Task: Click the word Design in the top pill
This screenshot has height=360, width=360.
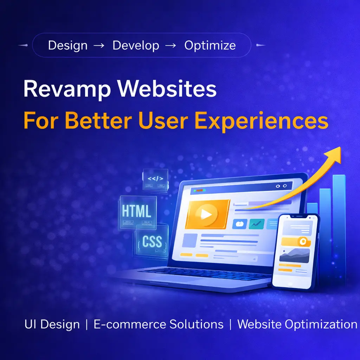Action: [x=68, y=45]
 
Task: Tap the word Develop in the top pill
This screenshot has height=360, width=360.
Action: [x=136, y=45]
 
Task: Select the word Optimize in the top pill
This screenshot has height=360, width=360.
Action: [x=210, y=45]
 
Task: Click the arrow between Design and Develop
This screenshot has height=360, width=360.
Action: [x=99, y=45]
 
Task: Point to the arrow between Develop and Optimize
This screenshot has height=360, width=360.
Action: [x=171, y=45]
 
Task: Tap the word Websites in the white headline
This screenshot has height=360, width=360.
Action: [x=167, y=89]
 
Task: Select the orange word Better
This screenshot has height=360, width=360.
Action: [x=98, y=121]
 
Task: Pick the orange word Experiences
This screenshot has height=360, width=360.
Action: [x=261, y=122]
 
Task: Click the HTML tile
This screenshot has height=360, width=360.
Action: [x=138, y=212]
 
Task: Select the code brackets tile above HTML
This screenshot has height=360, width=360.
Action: [x=155, y=179]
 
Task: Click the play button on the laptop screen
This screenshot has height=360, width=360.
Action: [x=206, y=214]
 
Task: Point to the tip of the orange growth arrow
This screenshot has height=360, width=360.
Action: [x=340, y=147]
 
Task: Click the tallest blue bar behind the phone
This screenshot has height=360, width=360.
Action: [x=339, y=230]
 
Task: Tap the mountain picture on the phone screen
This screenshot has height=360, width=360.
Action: [x=294, y=255]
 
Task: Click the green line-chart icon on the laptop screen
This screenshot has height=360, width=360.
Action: [x=256, y=224]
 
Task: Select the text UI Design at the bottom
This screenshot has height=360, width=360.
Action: [x=52, y=324]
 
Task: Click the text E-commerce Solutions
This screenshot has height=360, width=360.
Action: [x=159, y=324]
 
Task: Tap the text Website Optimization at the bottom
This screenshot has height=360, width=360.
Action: [x=297, y=324]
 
